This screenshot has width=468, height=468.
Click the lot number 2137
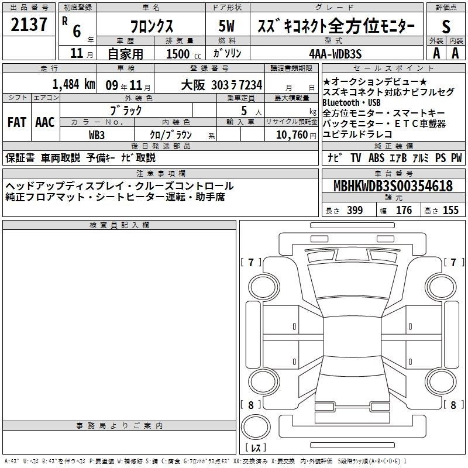(x=29, y=25)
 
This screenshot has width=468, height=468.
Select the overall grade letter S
(x=446, y=26)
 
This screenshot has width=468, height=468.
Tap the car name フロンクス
(x=152, y=26)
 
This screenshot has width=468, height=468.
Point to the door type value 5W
(x=226, y=26)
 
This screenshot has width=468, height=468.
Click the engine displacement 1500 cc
(x=184, y=54)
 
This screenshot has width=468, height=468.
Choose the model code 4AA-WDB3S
(x=335, y=54)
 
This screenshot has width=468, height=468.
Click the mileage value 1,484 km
(x=74, y=84)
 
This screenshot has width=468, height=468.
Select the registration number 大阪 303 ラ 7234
(x=222, y=85)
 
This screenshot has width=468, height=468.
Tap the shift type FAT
(x=17, y=122)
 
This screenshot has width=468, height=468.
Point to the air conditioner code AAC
(x=45, y=122)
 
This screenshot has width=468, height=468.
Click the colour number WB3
(x=97, y=135)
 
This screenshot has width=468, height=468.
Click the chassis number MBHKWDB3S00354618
(x=393, y=185)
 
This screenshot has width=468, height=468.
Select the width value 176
(x=404, y=210)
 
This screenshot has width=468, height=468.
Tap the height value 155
(x=450, y=210)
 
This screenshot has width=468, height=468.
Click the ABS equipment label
(x=376, y=157)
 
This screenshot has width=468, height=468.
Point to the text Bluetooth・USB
(x=352, y=103)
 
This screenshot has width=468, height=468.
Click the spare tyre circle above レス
(x=256, y=427)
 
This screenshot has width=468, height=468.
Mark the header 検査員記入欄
(x=119, y=225)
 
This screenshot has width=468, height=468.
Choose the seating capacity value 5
(x=244, y=111)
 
